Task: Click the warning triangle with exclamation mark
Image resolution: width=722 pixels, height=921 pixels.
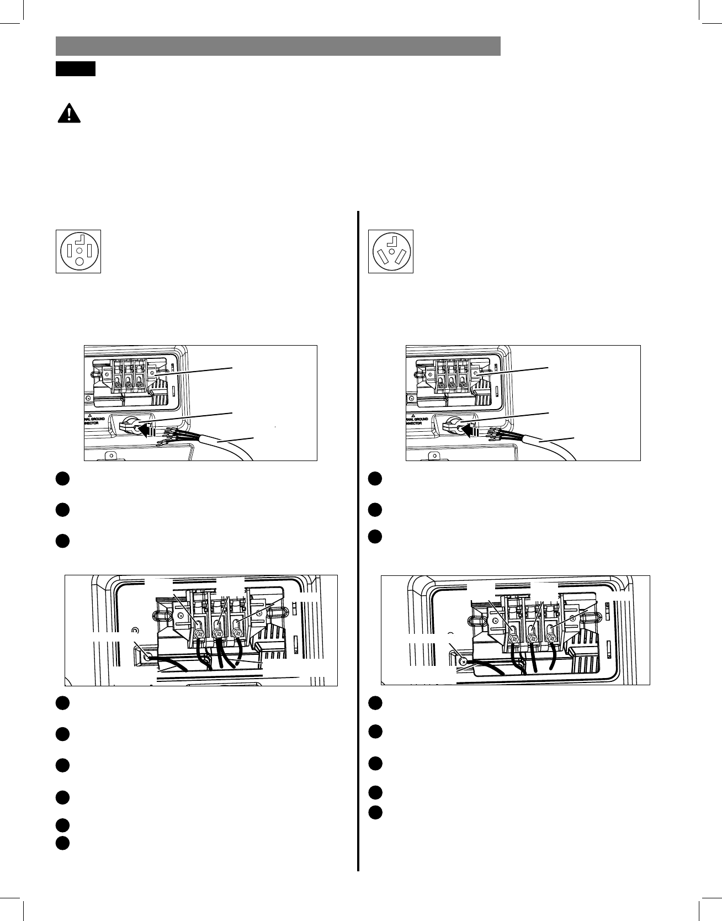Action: (x=68, y=114)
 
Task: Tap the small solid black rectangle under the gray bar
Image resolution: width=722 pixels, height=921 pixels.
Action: (x=76, y=68)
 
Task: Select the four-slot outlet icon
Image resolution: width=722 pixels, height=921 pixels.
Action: (x=78, y=251)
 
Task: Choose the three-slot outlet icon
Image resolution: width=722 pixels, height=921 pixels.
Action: (x=391, y=251)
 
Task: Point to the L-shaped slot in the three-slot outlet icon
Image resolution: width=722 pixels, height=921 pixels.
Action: (x=393, y=241)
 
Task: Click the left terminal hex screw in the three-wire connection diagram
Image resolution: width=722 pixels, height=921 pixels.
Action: (x=513, y=639)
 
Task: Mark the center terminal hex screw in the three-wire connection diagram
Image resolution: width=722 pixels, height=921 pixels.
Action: (x=533, y=638)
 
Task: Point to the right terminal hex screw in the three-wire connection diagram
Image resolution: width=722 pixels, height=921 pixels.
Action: (x=550, y=638)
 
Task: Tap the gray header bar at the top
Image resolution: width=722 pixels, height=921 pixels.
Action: (x=278, y=46)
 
